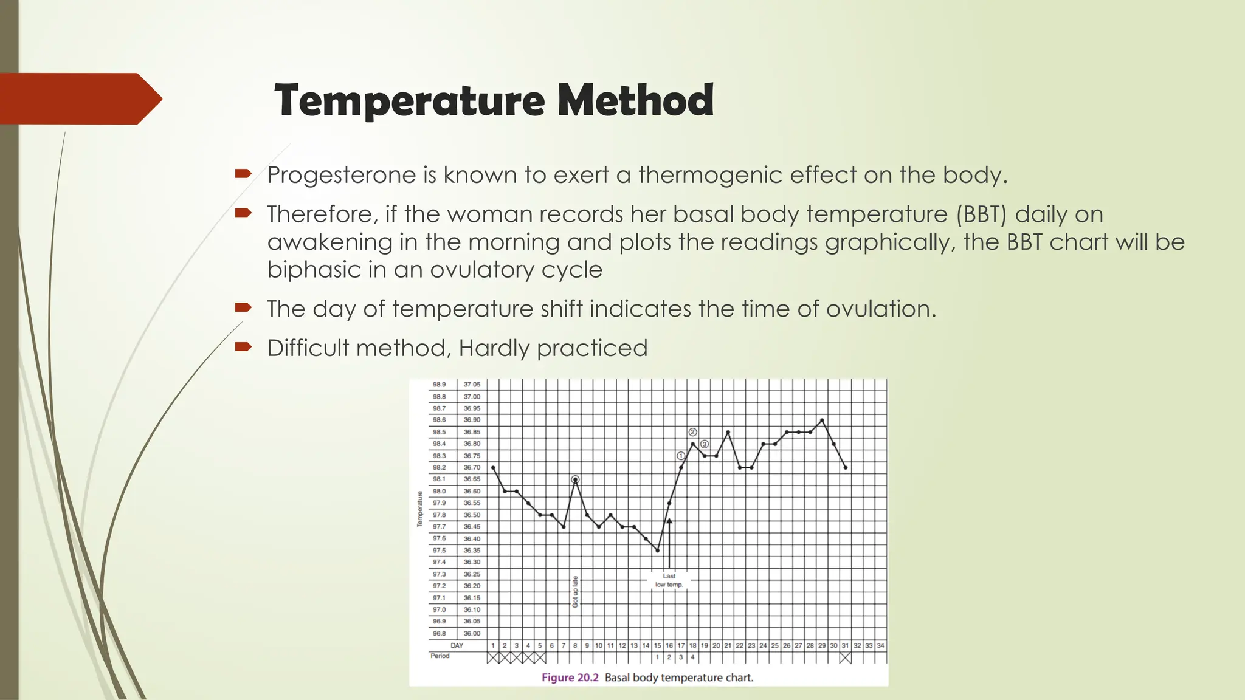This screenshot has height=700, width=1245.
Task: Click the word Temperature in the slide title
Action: pos(409,101)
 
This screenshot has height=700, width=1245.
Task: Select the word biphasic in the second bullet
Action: pos(313,270)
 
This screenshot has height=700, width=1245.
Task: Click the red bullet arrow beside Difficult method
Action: pos(243,347)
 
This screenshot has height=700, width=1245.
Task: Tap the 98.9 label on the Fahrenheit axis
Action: pos(439,385)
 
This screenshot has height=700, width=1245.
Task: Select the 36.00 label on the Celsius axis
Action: pos(472,633)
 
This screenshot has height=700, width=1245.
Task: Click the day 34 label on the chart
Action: pos(880,645)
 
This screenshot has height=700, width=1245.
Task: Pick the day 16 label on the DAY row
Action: pos(669,645)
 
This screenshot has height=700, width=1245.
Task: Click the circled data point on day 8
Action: pos(575,479)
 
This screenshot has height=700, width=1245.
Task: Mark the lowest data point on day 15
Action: pos(657,551)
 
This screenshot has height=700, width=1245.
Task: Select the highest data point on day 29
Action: pos(822,420)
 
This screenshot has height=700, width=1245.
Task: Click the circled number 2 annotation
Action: pos(692,432)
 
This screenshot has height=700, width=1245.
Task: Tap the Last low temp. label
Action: pos(669,580)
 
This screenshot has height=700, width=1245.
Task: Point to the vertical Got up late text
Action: pos(575,591)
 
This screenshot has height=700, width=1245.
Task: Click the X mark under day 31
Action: pos(845,657)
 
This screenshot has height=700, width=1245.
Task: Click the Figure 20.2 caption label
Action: pos(570,678)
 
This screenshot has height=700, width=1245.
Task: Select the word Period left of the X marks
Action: pos(440,656)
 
